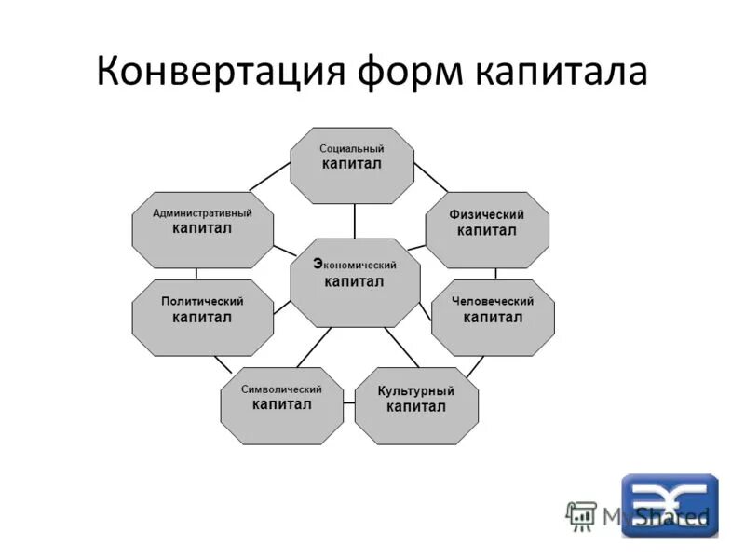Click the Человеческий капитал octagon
(493, 318)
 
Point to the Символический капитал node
(281, 405)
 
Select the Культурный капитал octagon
(416, 405)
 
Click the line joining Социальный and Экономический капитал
(355, 221)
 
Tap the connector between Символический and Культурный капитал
(348, 403)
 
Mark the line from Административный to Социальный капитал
(269, 175)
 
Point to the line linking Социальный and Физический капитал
(430, 176)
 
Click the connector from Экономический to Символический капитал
(314, 347)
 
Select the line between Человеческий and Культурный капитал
(474, 366)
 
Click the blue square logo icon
(670, 505)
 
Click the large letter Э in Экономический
(318, 264)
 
